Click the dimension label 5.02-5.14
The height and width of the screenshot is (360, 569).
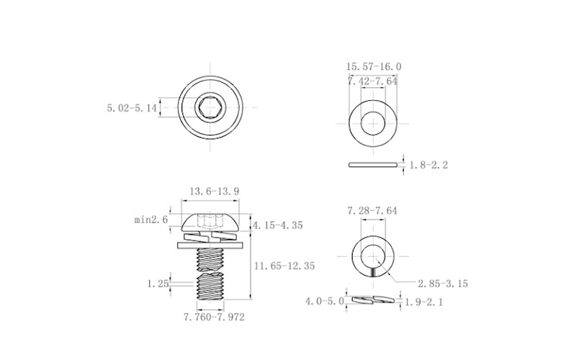(x=132, y=108)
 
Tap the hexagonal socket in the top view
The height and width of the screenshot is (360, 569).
(x=210, y=107)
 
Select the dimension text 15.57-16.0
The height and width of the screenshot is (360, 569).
(x=374, y=67)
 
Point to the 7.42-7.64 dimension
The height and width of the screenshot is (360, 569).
(x=372, y=81)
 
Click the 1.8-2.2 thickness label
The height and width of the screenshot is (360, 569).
(x=429, y=165)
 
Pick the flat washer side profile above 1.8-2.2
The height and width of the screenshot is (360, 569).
(x=372, y=165)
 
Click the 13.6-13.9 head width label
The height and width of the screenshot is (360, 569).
(x=215, y=192)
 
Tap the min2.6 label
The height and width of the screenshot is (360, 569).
(x=151, y=220)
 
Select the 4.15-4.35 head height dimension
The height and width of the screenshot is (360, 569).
(x=278, y=225)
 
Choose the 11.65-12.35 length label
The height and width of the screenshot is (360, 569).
(x=284, y=266)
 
